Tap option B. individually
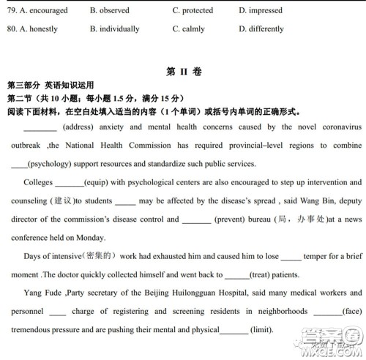[x=114, y=29]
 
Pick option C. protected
[x=193, y=11]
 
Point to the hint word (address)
[x=78, y=127]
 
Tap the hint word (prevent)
[x=229, y=219]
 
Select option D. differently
[x=261, y=29]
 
